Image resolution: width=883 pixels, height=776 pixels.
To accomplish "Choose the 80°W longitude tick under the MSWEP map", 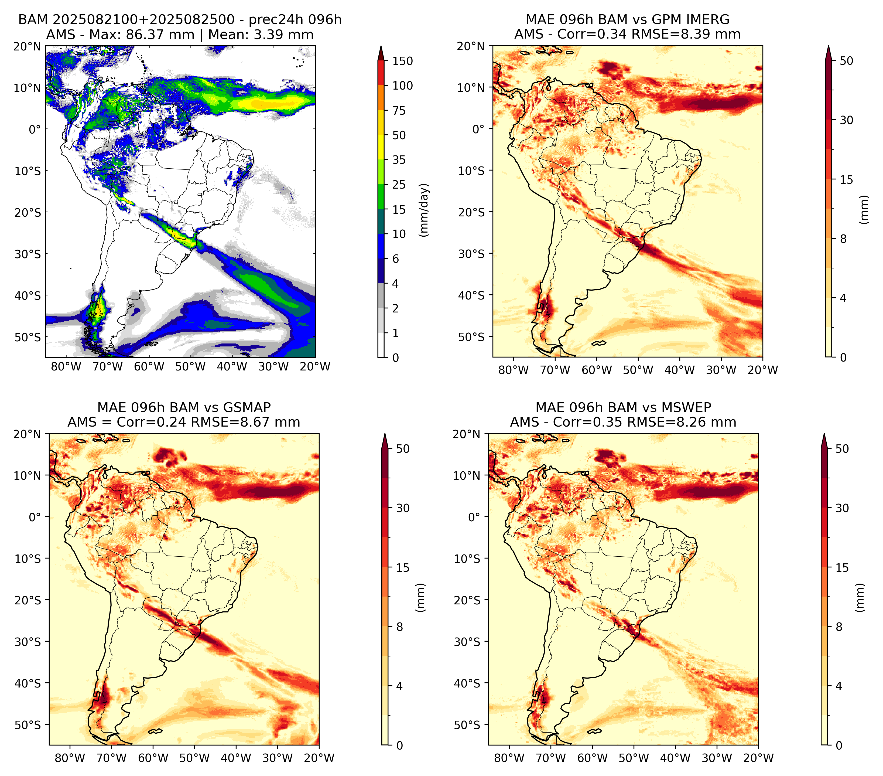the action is tap(509, 758).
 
